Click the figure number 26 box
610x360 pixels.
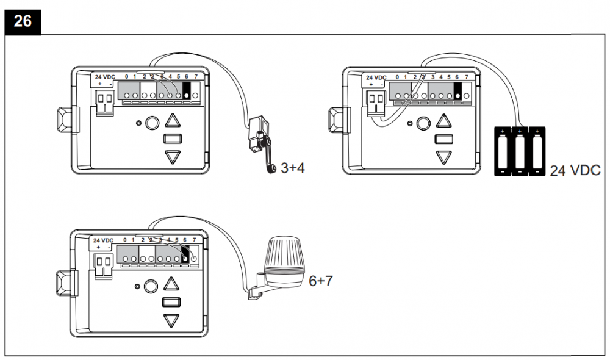click(23, 20)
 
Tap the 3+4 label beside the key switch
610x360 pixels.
click(292, 168)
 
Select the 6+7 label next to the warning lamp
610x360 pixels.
click(320, 281)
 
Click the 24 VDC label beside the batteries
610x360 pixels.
click(575, 170)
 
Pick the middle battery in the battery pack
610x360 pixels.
click(519, 151)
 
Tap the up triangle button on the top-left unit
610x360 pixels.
click(174, 121)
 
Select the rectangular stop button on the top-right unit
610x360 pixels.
click(443, 139)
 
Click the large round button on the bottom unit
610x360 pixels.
click(150, 286)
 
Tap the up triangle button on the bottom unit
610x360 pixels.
click(171, 284)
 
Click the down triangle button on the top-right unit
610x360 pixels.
click(444, 156)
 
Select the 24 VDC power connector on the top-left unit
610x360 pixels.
click(105, 99)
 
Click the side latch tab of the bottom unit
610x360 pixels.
click(63, 281)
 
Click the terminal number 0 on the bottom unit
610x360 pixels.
click(125, 240)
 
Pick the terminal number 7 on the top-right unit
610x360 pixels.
click(467, 77)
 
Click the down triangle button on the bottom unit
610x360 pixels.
click(171, 320)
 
